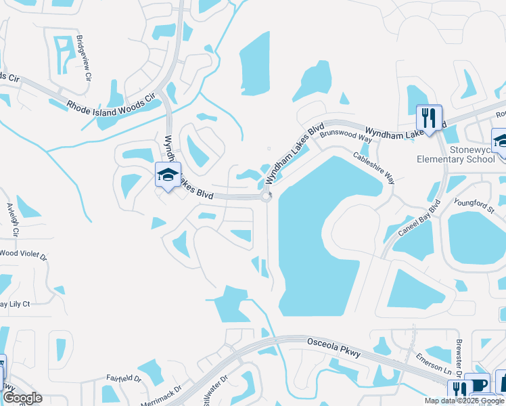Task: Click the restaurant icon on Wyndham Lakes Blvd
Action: pos(429,118)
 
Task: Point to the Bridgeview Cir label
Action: pos(84,58)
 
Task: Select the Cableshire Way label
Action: pos(373,168)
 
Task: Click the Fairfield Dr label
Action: pos(123,379)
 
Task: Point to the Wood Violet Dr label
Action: pos(23,255)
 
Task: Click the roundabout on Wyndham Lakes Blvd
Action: pos(267,197)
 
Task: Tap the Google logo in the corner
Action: pos(22,399)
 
